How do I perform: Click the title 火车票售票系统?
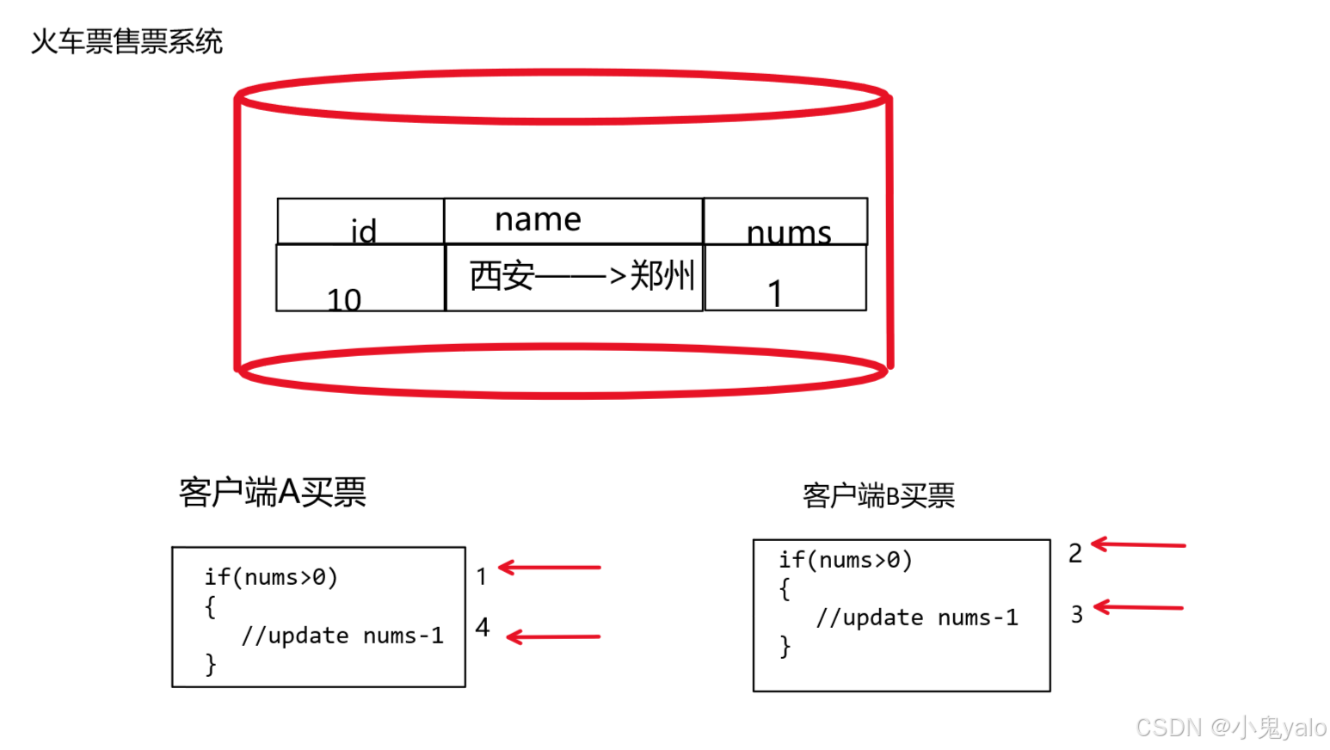pos(126,41)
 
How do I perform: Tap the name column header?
pos(538,219)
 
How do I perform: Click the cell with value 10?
pos(344,298)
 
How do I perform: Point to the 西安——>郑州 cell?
pos(582,276)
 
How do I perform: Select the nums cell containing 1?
pos(775,292)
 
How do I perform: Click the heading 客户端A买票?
pos(272,492)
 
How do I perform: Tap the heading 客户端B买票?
pos(878,495)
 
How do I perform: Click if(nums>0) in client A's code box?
pos(271,576)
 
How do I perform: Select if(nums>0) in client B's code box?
pos(845,560)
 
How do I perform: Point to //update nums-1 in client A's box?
pos(342,636)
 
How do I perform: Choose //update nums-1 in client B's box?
pos(916,618)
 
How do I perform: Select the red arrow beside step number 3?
pos(1138,607)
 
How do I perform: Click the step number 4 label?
pos(483,627)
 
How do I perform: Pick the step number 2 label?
pos(1075,553)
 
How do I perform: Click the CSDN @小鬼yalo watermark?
pos(1230,728)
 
